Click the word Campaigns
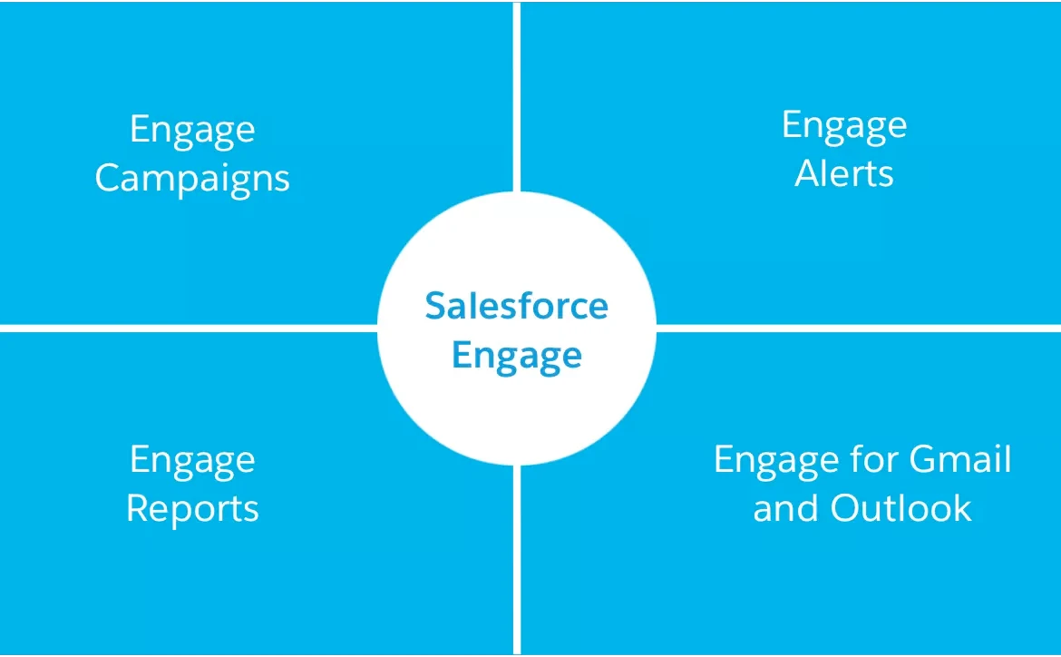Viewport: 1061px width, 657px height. [x=192, y=180]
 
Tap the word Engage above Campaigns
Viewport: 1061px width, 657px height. [x=192, y=131]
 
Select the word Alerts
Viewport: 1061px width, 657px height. [x=843, y=173]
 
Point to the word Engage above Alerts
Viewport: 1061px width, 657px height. [x=844, y=127]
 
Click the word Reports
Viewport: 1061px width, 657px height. [x=192, y=508]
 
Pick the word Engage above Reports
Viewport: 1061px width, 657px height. [x=192, y=461]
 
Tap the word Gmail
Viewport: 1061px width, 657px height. [x=960, y=458]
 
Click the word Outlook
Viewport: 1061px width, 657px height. [x=900, y=507]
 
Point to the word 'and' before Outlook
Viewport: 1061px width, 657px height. [x=786, y=507]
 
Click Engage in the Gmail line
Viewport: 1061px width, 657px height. [x=777, y=461]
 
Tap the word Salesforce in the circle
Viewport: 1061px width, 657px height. [x=516, y=306]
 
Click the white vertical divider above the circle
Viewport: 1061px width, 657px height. [x=517, y=96]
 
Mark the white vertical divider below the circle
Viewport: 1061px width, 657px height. [x=517, y=560]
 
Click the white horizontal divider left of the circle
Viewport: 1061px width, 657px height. [x=189, y=328]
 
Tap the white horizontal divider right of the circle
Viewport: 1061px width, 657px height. [x=859, y=328]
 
